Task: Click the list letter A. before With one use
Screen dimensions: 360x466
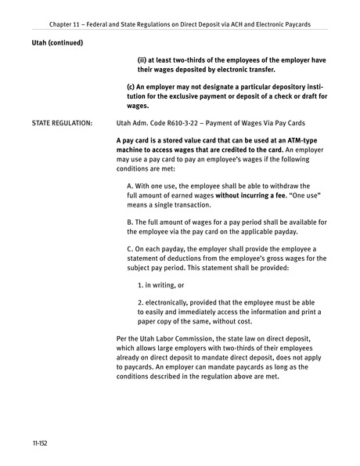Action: [x=130, y=186]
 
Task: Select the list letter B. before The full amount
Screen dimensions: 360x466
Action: [x=130, y=222]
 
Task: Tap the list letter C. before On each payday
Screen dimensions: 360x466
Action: [x=130, y=249]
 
